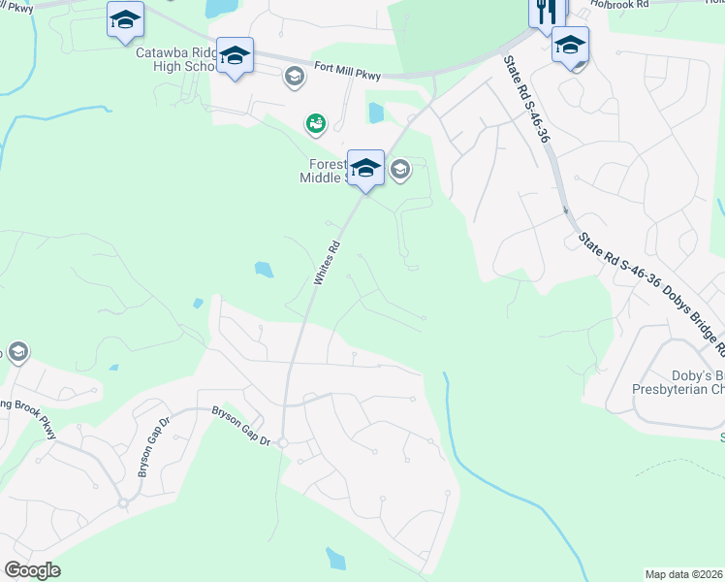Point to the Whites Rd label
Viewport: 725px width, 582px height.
326,262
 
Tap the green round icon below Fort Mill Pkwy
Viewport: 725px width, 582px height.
315,123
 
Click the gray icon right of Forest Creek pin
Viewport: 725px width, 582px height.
399,172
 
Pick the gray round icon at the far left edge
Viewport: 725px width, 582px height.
16,351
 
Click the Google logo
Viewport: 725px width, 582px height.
32,570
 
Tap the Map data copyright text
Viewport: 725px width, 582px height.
684,574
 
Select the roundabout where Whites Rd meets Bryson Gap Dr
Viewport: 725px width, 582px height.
282,442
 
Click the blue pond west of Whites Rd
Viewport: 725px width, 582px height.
263,269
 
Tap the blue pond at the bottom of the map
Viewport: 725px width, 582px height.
336,558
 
